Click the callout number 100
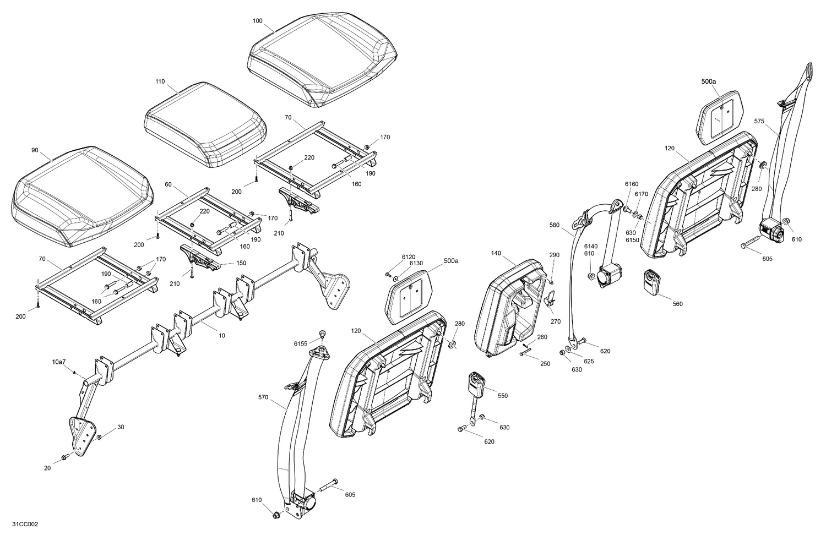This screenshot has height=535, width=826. [258, 20]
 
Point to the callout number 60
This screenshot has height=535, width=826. [168, 184]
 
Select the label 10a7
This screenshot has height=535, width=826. [59, 362]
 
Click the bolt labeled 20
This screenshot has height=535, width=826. [64, 456]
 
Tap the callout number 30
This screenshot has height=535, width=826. [121, 427]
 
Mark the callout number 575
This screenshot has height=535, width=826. [759, 121]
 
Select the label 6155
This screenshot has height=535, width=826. [301, 343]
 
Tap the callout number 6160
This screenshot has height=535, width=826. [632, 184]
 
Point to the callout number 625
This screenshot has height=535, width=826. [589, 361]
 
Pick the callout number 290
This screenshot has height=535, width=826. [554, 255]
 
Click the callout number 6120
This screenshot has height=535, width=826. [409, 256]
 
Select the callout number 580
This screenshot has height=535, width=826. [554, 225]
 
